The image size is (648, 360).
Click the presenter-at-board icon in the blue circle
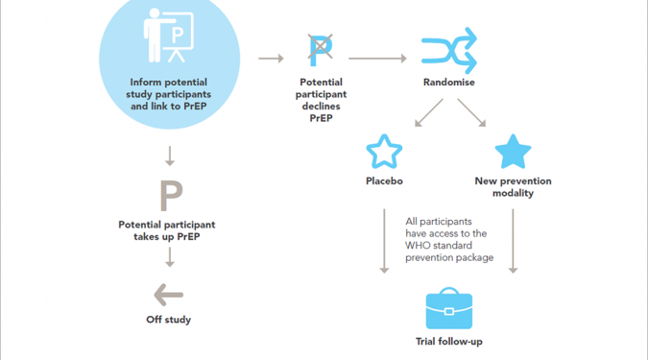click(x=168, y=36)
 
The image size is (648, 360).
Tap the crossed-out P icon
click(x=321, y=50)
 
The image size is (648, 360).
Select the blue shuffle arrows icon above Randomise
click(x=449, y=51)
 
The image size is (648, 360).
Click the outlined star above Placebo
click(x=384, y=152)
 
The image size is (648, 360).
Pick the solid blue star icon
click(x=513, y=152)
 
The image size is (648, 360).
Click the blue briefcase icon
click(x=449, y=308)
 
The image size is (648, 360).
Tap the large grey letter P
click(x=171, y=196)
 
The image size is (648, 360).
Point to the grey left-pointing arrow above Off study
click(x=168, y=295)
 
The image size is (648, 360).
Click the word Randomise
click(x=449, y=83)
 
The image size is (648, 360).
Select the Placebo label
click(x=384, y=181)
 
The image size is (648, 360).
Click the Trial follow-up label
click(x=449, y=342)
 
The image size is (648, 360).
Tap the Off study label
click(x=168, y=320)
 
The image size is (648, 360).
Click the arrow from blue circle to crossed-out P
click(x=271, y=59)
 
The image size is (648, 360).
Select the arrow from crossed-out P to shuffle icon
click(x=377, y=59)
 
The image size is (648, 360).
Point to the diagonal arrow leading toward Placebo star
click(x=428, y=112)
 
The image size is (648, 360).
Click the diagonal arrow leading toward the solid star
click(x=471, y=112)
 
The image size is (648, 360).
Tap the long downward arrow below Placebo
click(x=384, y=241)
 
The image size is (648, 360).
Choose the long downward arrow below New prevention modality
click(x=513, y=241)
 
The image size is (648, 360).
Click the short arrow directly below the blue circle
click(x=169, y=156)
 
